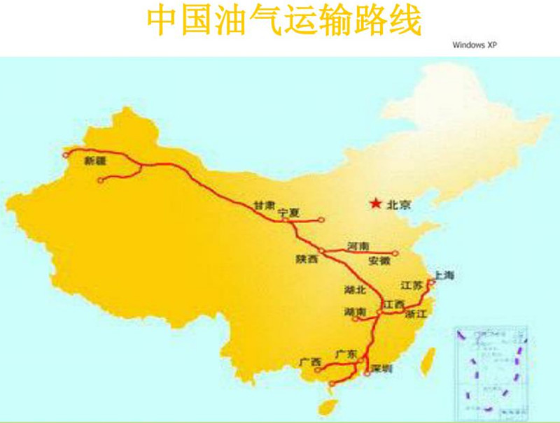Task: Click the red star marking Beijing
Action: [x=377, y=204]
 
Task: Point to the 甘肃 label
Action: [x=264, y=205]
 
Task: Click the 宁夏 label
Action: [x=288, y=211]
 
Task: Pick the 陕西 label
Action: [x=307, y=259]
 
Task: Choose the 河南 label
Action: [x=359, y=246]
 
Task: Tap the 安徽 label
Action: [x=379, y=261]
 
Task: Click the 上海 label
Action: [x=444, y=275]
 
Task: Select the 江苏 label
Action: [x=412, y=285]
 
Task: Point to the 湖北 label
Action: [x=336, y=289]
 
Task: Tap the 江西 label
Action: [x=393, y=305]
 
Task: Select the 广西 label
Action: [x=309, y=362]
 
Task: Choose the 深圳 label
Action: [x=382, y=368]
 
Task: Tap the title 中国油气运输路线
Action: [x=284, y=21]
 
